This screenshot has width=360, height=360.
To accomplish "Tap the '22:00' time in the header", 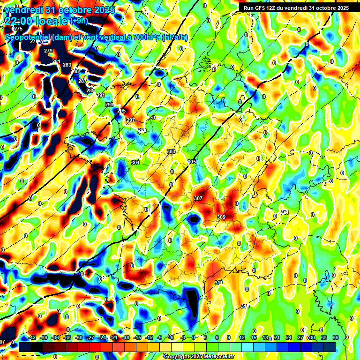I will click(x=20, y=21).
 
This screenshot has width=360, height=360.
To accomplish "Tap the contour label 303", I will click(x=171, y=151).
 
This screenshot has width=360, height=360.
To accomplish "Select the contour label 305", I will click(x=192, y=162).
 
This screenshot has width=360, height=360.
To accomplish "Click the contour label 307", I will click(x=198, y=198).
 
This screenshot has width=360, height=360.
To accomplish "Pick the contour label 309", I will click(x=221, y=217).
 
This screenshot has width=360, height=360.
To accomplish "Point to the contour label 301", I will click(x=135, y=163).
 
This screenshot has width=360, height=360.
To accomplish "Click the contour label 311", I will click(x=218, y=283).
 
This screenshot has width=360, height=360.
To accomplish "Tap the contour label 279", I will click(x=48, y=51).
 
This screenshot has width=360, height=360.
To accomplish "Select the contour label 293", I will click(x=109, y=105).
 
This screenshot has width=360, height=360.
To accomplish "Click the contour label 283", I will click(x=67, y=65).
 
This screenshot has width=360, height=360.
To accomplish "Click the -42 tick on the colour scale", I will click(x=32, y=337).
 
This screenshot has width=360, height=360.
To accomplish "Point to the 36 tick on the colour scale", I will click(x=336, y=337).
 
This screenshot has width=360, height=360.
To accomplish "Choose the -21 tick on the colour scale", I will click(x=114, y=337).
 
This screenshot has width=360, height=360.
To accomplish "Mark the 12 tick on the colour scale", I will click(x=241, y=337).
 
